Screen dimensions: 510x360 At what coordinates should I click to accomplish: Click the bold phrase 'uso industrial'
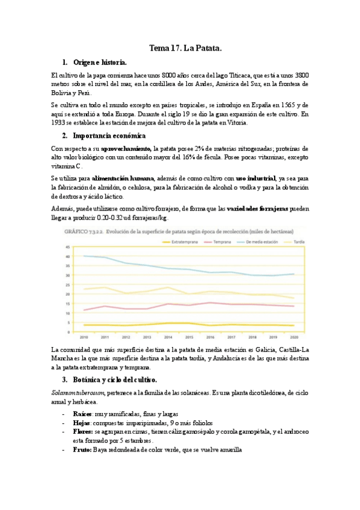point(255,178)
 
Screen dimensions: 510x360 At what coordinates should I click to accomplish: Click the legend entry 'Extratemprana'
point(185,242)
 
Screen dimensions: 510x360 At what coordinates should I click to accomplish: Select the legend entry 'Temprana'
point(223,242)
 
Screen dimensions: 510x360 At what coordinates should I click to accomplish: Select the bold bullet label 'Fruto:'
point(82,449)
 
